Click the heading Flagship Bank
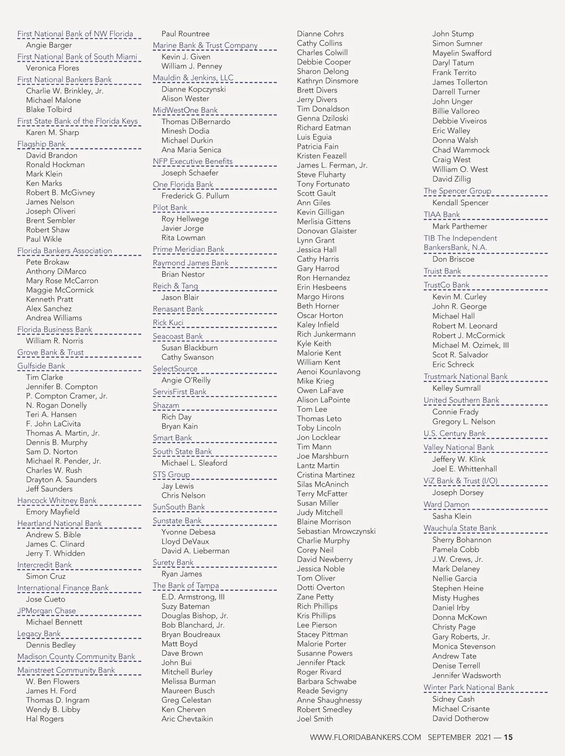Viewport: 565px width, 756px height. click(x=41, y=144)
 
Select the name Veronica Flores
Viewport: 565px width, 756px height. click(x=52, y=68)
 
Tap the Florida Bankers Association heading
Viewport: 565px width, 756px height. click(x=65, y=250)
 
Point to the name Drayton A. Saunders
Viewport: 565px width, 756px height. click(x=61, y=480)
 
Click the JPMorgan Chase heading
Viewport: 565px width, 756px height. click(x=47, y=611)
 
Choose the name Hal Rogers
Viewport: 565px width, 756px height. click(x=45, y=719)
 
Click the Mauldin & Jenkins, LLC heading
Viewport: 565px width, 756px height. click(x=193, y=78)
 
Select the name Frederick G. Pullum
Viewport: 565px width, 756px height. click(x=195, y=196)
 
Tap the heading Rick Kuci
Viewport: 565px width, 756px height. click(x=168, y=322)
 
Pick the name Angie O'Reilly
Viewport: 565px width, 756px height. click(x=186, y=380)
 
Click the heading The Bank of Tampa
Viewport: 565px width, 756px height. click(x=186, y=586)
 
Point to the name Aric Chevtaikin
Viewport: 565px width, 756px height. click(x=187, y=719)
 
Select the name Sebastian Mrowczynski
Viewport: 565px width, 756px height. click(x=336, y=531)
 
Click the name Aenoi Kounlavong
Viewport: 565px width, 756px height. click(x=329, y=371)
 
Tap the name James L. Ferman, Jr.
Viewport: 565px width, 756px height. click(x=332, y=165)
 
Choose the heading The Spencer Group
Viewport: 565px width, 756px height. click(x=457, y=191)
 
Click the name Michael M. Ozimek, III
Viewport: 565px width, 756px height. click(x=470, y=345)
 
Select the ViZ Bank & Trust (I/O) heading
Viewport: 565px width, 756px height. click(x=460, y=481)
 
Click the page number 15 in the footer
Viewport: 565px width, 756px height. click(x=508, y=737)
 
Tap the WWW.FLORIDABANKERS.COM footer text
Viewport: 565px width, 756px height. click(x=365, y=737)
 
